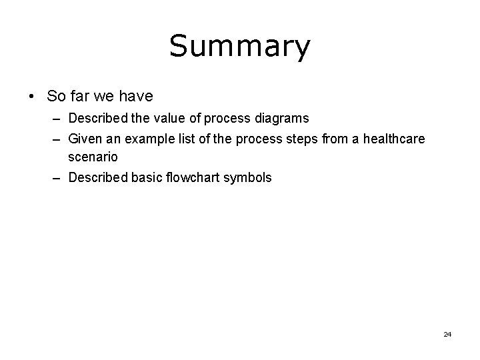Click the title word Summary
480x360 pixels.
click(x=239, y=47)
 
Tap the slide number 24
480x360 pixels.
click(x=447, y=334)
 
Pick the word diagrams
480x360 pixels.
click(x=284, y=119)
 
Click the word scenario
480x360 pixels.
click(x=93, y=157)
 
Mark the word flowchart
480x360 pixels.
click(x=193, y=178)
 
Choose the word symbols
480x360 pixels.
click(x=247, y=178)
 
